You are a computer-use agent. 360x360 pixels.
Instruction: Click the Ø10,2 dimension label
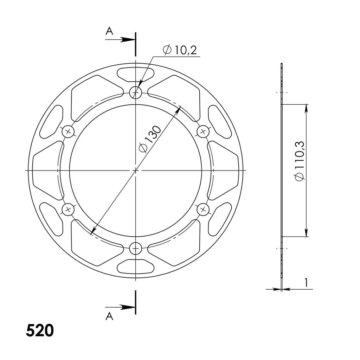click(x=180, y=50)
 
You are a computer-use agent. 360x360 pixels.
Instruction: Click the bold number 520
click(x=40, y=330)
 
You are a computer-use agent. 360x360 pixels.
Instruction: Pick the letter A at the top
click(x=109, y=32)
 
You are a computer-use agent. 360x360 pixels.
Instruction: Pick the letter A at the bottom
click(x=109, y=316)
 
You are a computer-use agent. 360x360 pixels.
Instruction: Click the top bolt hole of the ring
click(x=135, y=93)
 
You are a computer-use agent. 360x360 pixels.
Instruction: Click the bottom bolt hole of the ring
click(x=135, y=249)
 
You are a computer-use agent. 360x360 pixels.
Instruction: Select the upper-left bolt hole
click(x=69, y=132)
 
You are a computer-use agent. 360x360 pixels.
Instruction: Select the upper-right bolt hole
click(x=202, y=132)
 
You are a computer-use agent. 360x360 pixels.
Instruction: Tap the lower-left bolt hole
click(x=68, y=210)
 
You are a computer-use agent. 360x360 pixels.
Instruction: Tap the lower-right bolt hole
click(x=202, y=210)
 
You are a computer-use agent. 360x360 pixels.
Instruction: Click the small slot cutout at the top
click(x=135, y=74)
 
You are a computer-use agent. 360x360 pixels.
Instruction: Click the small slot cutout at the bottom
click(x=135, y=266)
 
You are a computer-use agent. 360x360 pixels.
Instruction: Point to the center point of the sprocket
click(x=136, y=170)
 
